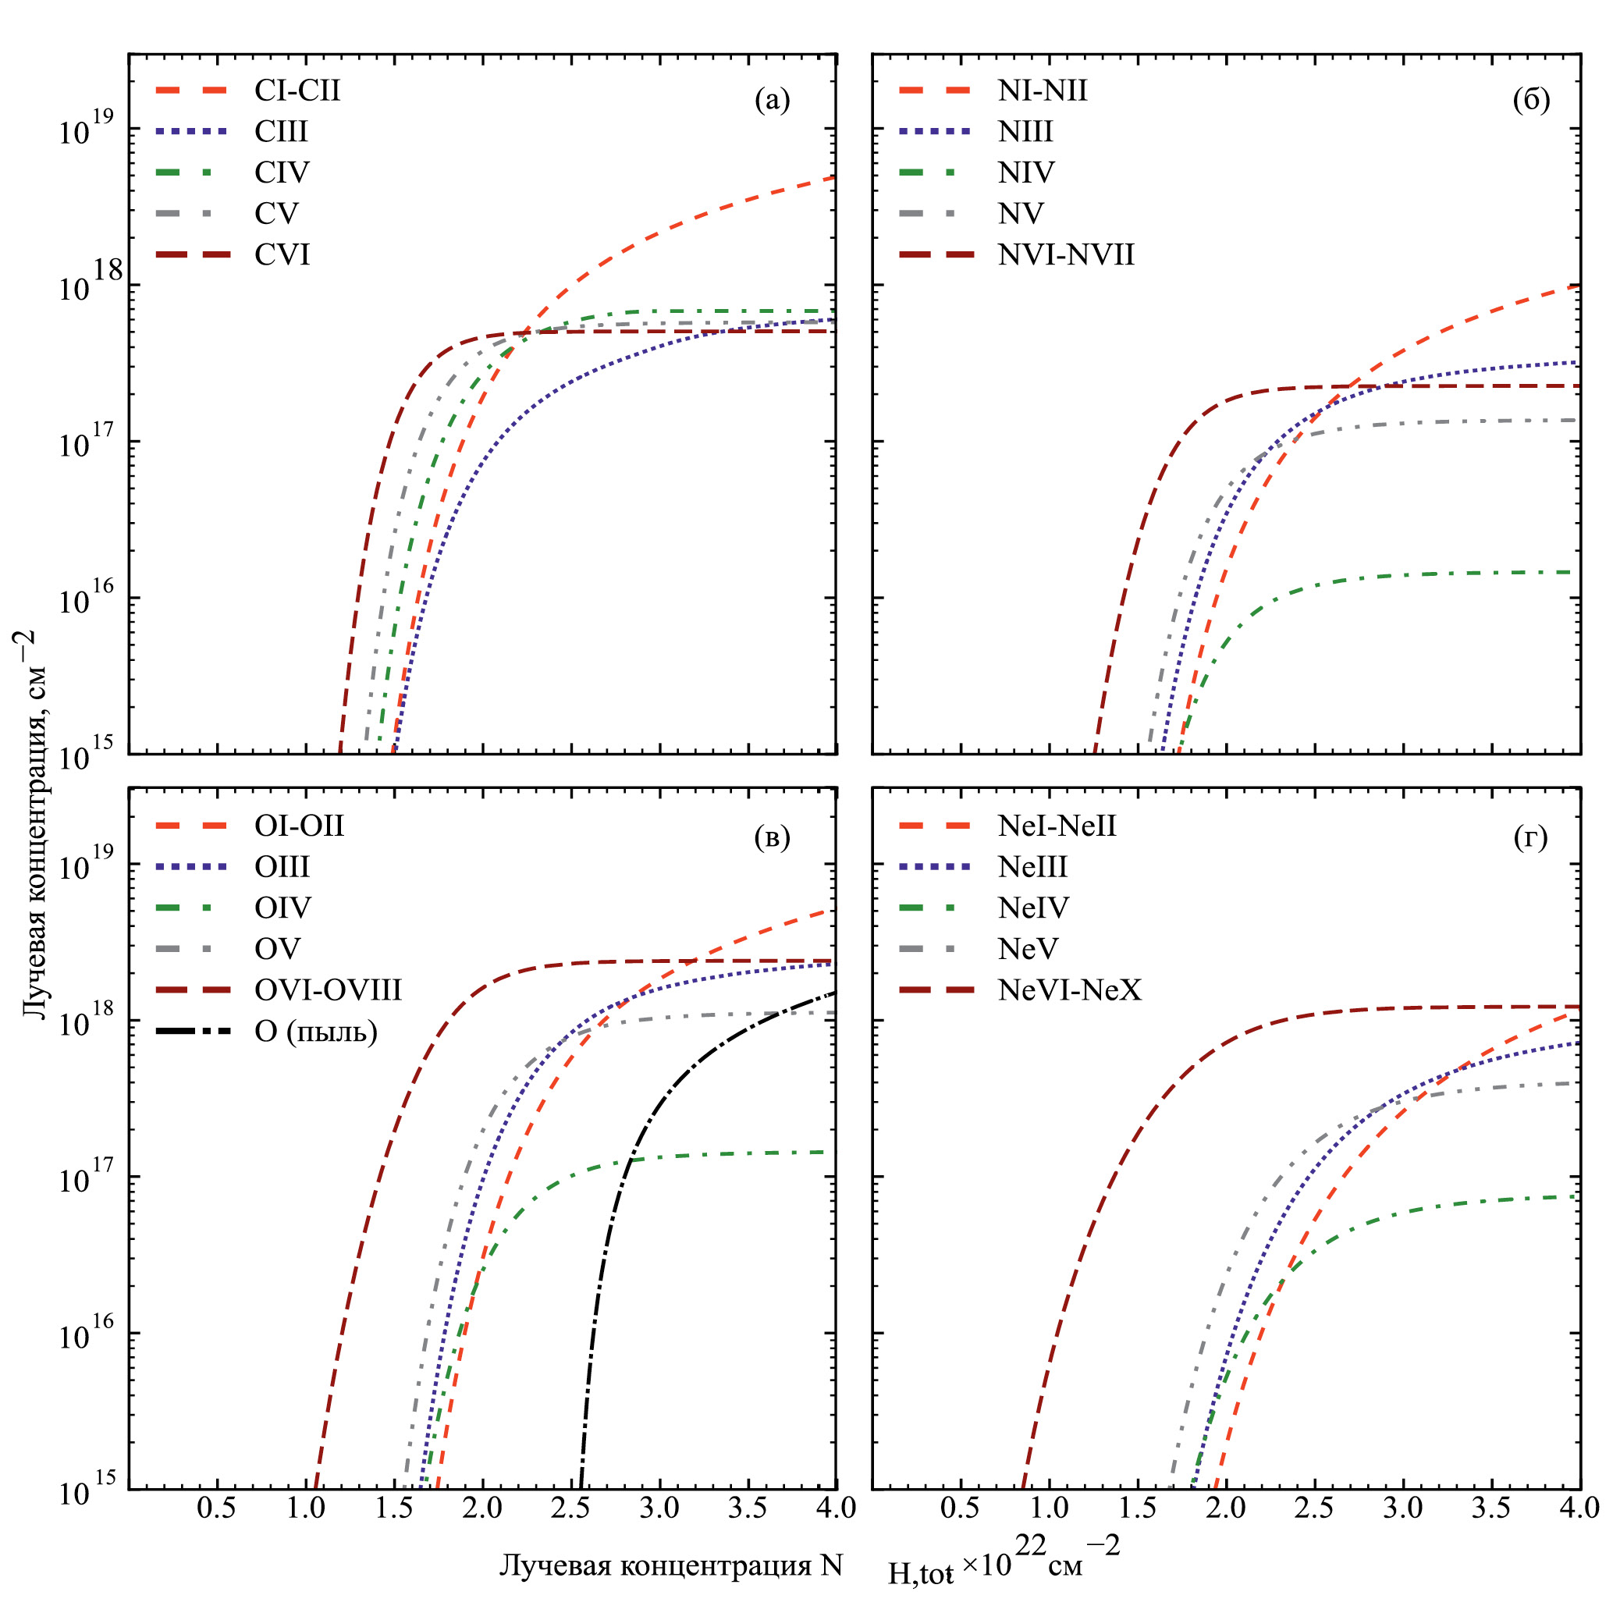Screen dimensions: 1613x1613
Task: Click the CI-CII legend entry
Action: [297, 91]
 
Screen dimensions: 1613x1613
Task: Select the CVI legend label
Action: [282, 254]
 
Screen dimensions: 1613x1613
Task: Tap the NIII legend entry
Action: [1025, 132]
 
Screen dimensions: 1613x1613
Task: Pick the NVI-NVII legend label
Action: [1066, 254]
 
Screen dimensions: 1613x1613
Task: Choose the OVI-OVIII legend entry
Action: [328, 990]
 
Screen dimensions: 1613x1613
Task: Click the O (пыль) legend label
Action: [315, 1032]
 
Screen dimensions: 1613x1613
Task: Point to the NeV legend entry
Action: [1028, 949]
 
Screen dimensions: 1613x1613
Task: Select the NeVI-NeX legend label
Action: [1070, 990]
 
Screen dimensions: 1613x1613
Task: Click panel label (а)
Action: [772, 100]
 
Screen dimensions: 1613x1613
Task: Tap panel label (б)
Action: [1531, 100]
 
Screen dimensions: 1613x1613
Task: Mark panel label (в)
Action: [772, 837]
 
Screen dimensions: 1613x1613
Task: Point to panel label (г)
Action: [1530, 837]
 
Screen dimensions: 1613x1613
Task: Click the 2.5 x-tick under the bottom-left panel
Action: [571, 1508]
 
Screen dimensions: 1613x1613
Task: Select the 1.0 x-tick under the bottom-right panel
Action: [1049, 1508]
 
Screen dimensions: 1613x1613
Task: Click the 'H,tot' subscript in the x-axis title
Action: [920, 1573]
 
